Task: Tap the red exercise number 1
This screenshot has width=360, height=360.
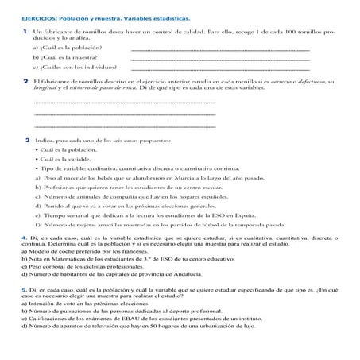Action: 25,30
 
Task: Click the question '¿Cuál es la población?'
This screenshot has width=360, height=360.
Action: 68,48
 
